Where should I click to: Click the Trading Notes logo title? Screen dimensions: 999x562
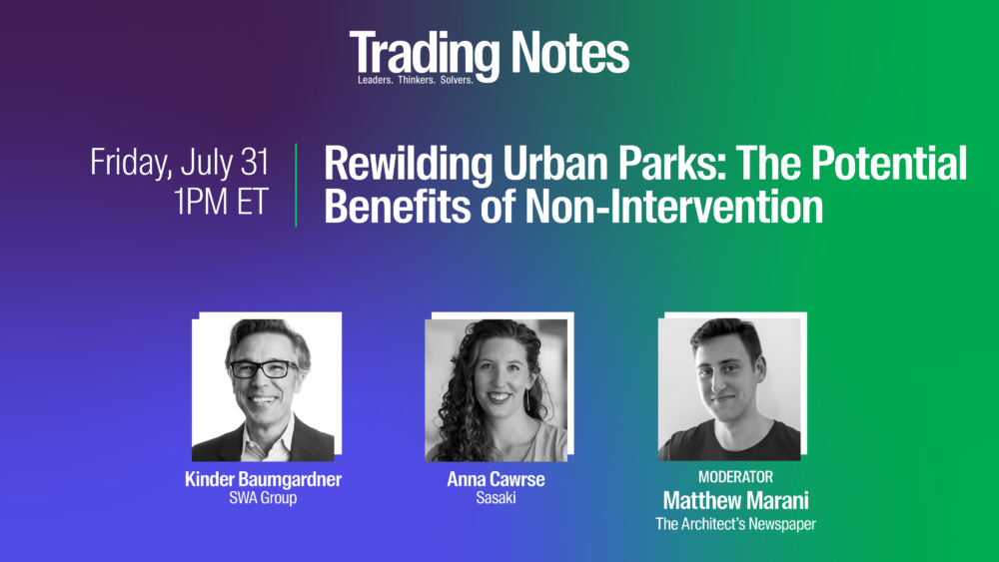point(490,54)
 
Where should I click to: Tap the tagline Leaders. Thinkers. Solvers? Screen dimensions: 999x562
point(416,80)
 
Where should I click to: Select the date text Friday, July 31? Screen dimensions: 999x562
point(180,163)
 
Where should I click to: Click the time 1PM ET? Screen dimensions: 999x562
point(221,201)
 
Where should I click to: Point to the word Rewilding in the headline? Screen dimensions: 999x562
point(409,165)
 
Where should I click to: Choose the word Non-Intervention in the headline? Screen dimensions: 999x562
point(674,207)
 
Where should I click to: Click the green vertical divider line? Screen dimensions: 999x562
point(297,185)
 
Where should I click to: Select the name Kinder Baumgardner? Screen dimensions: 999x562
point(263,479)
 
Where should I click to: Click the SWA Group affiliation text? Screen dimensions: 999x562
point(263,498)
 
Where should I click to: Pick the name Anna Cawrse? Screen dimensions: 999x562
point(496,479)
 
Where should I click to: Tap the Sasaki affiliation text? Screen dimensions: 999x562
point(496,498)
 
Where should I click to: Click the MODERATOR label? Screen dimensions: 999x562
point(736,477)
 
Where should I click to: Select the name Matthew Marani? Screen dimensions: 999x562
point(736,500)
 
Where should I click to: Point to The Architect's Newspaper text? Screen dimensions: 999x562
point(736,524)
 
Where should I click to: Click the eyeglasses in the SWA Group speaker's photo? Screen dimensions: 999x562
point(264,369)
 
